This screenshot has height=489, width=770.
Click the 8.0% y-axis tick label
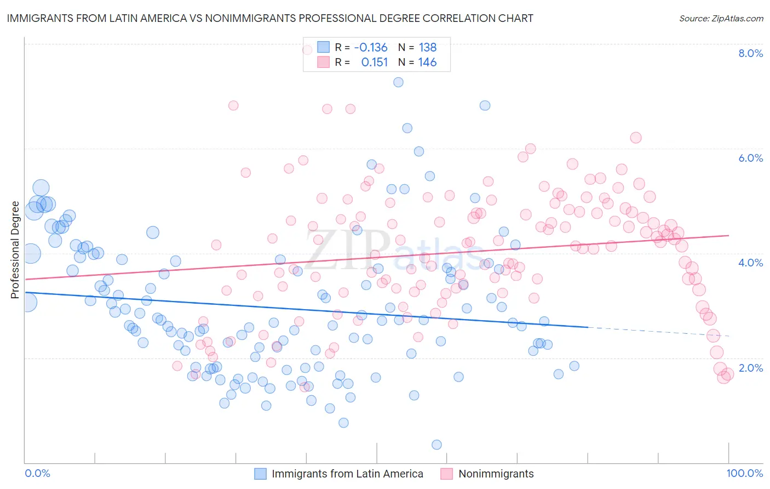coord(750,53)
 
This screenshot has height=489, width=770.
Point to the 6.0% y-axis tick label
coord(750,158)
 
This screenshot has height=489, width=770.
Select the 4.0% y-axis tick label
coord(750,263)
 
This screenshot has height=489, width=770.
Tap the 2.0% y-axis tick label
coord(750,368)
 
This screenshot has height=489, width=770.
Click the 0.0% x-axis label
coord(37,474)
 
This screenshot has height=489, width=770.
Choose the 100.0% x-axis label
coord(744,474)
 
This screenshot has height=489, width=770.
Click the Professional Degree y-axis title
coord(15,250)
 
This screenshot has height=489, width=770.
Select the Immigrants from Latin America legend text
coord(347,474)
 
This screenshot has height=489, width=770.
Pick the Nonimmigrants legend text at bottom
coord(496,474)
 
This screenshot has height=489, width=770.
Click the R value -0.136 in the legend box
coord(371,48)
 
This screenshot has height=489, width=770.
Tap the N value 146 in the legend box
coord(427,62)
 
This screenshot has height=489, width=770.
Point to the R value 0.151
coord(375,62)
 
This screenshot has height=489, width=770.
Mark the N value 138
coord(427,48)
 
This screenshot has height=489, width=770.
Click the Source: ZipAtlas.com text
coord(721,19)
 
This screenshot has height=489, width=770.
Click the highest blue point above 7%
coord(398,82)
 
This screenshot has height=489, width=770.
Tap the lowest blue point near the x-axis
coord(436,445)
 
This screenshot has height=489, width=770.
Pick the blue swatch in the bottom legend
coord(261,474)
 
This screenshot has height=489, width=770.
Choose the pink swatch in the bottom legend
coord(447,474)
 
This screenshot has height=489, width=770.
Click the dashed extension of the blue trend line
coord(657,332)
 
